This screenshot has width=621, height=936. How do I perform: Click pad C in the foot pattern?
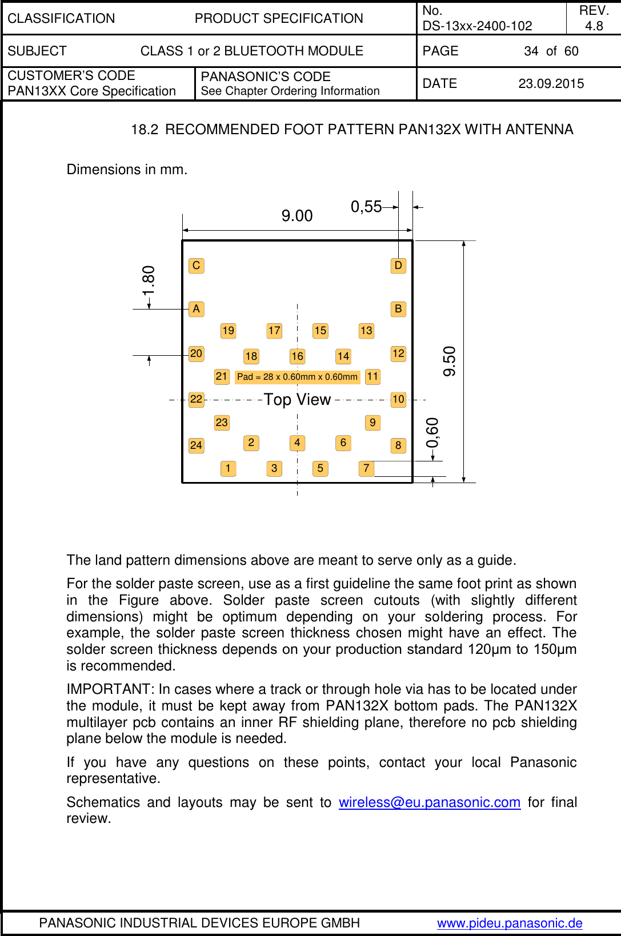pos(196,266)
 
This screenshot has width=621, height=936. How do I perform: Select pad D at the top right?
pos(398,266)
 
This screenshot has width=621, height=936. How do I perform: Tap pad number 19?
pos(228,331)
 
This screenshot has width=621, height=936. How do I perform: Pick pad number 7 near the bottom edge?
pos(366,468)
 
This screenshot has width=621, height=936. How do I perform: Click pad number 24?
pos(196,445)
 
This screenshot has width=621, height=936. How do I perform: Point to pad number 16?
pos(297,356)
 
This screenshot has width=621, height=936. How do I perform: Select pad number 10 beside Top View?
pos(398,399)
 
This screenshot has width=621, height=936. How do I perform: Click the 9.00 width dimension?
pos(297,216)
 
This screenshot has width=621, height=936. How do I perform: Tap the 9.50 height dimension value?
pos(450,361)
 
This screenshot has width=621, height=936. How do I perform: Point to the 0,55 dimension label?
pos(366,207)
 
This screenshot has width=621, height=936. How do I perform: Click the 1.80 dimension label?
pos(149,280)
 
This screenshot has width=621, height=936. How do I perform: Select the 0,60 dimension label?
pos(432,433)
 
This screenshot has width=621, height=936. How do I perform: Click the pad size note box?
pos(297,377)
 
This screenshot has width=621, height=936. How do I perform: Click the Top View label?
pos(297,400)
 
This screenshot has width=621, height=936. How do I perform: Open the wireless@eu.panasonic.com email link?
pos(429,802)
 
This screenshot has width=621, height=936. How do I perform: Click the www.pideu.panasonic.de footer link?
pos(510,923)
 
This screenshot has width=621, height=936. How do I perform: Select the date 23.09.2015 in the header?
pos(551,84)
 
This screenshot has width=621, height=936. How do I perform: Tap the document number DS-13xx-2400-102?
pos(477,26)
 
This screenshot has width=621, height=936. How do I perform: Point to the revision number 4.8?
pos(594,26)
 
